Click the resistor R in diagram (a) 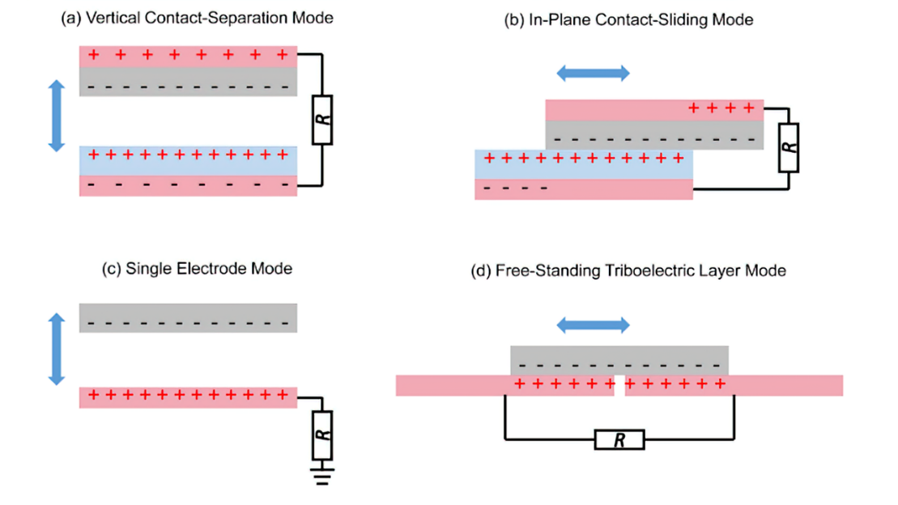(321, 120)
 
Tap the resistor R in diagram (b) (789, 148)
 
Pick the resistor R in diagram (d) (619, 440)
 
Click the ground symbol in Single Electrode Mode (321, 474)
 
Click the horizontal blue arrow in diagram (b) (594, 73)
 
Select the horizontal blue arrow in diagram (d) (594, 325)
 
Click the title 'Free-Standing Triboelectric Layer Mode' (628, 271)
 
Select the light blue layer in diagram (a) (188, 160)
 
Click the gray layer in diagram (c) (188, 317)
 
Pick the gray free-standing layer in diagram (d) (619, 360)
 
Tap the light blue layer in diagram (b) (583, 164)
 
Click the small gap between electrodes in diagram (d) (619, 386)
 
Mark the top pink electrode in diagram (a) (188, 56)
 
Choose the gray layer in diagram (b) (654, 134)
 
